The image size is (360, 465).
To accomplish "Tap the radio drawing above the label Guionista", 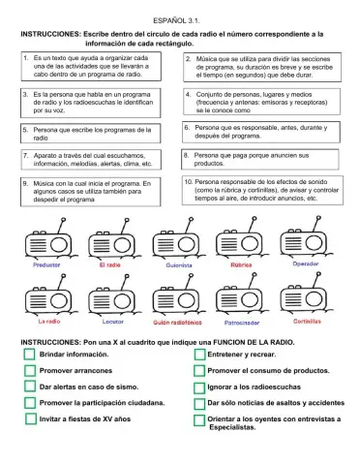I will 176,243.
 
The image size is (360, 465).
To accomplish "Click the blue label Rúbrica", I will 242,263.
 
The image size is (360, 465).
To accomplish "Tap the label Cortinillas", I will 308,321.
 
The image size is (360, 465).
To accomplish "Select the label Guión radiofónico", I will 176,322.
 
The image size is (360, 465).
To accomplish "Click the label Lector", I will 112,322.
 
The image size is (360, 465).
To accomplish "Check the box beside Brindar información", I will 30,356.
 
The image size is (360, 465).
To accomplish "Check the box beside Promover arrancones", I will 30,371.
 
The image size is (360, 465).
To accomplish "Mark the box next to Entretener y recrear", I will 199,356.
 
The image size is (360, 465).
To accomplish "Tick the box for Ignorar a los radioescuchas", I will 199,387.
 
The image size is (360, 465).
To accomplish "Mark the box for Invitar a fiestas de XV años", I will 30,419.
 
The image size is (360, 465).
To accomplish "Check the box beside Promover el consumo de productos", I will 199,371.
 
